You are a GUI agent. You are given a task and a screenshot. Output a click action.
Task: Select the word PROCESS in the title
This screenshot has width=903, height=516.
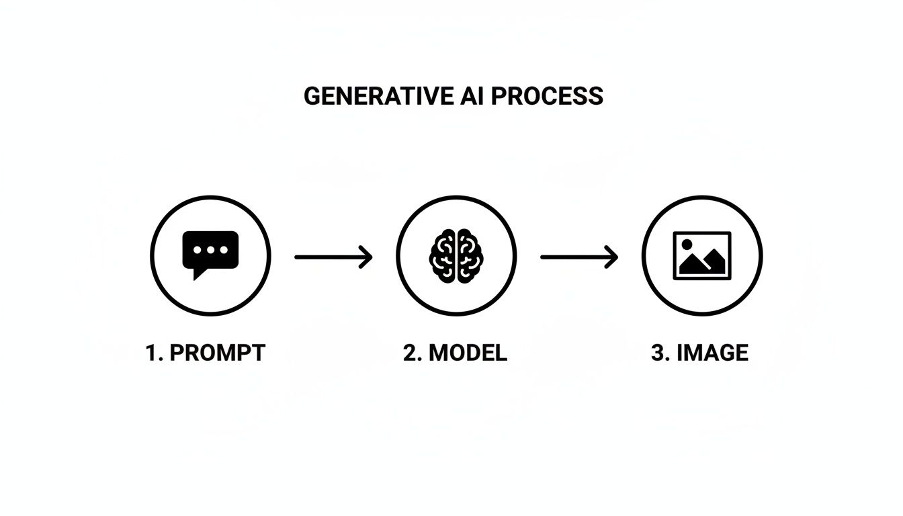(x=546, y=96)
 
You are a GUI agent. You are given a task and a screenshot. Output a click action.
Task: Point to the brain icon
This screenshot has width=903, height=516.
(x=456, y=256)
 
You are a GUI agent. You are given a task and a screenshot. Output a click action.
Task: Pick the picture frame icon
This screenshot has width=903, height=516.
(x=702, y=255)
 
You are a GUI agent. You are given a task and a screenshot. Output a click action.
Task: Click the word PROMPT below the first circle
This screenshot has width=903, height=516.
(x=217, y=353)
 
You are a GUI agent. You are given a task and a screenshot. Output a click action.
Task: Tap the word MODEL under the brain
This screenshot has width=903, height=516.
(x=468, y=353)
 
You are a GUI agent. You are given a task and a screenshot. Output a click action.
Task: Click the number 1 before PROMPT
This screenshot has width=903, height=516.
(x=152, y=353)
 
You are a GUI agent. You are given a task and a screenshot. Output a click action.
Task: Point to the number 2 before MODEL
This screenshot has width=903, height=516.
(x=409, y=353)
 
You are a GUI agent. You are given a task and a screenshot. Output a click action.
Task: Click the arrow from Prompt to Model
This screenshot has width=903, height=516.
(x=333, y=257)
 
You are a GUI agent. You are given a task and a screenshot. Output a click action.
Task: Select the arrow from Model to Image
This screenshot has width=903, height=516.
(x=579, y=257)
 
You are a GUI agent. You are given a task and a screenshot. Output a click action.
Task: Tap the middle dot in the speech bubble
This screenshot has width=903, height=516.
(x=210, y=249)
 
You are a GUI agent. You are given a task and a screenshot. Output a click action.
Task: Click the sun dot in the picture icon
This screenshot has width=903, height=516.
(x=687, y=245)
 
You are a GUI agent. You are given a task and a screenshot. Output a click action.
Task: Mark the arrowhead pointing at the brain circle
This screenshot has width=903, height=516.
(x=368, y=257)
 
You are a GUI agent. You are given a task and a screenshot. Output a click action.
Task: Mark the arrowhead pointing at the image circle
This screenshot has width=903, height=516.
(x=613, y=257)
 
